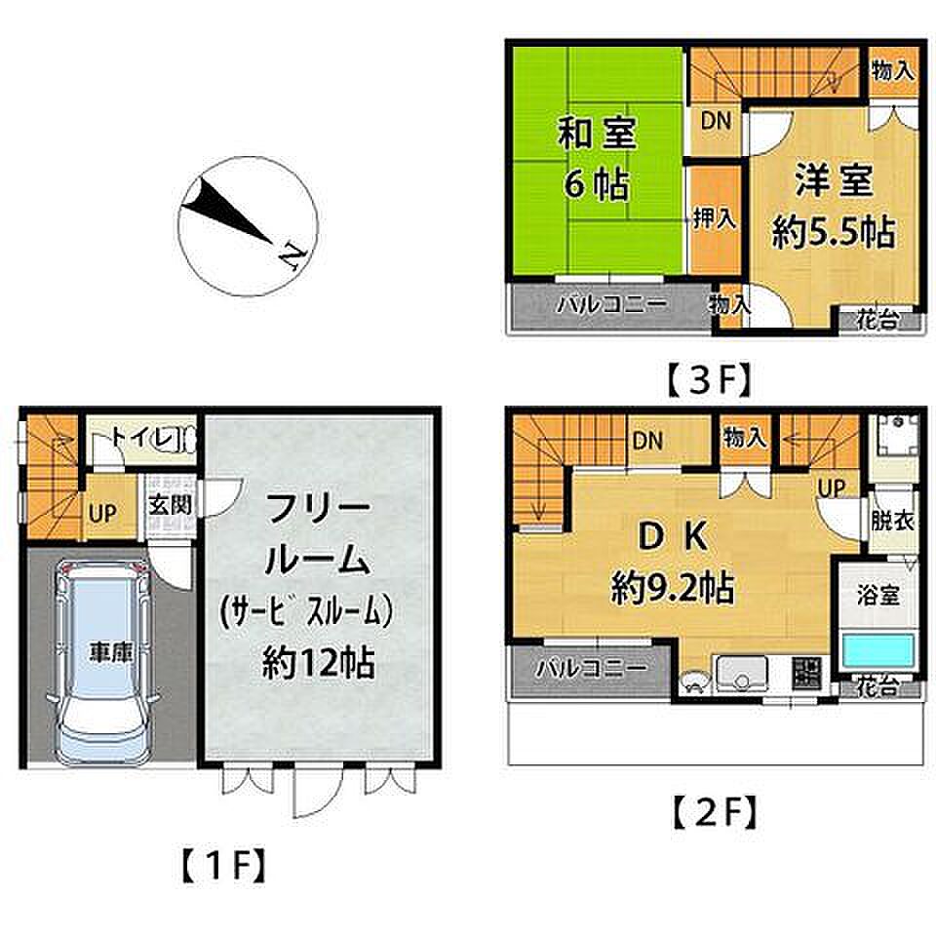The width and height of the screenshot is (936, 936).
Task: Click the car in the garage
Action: point(102,664)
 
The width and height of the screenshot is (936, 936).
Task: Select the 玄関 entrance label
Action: point(170,505)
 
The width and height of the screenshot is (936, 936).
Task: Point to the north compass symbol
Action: point(248,225)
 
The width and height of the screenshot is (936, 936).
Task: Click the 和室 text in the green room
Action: point(597,134)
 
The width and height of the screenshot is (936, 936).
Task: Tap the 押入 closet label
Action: point(715,219)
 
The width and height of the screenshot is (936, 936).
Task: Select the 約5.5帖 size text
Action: point(834,232)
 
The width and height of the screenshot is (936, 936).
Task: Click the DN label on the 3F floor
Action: point(716,121)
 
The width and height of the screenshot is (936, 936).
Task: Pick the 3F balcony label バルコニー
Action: point(611,305)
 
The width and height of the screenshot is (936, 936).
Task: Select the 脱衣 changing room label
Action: point(893,521)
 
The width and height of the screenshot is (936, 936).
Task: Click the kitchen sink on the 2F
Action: point(741,674)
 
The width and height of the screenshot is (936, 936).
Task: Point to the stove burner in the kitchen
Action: point(807,673)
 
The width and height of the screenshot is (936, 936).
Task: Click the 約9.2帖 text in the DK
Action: point(672,589)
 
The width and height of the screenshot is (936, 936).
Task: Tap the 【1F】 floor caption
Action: point(221,866)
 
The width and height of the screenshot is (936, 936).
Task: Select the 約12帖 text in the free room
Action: point(318,662)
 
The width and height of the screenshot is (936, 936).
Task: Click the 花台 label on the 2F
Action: point(877,687)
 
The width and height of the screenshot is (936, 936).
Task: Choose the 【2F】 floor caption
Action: point(715,812)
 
